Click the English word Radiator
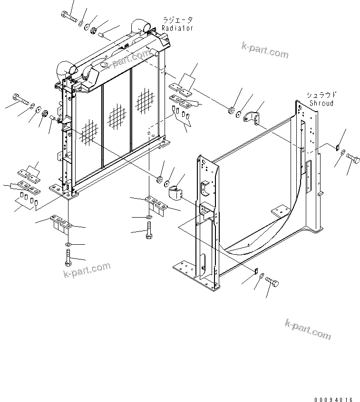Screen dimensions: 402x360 click(177, 28)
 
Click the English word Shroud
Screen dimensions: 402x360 click(321, 103)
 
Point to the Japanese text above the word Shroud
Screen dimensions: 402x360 click(322, 95)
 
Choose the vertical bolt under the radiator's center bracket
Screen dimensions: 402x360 click(148, 231)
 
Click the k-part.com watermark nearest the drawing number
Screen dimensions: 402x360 click(308, 329)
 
